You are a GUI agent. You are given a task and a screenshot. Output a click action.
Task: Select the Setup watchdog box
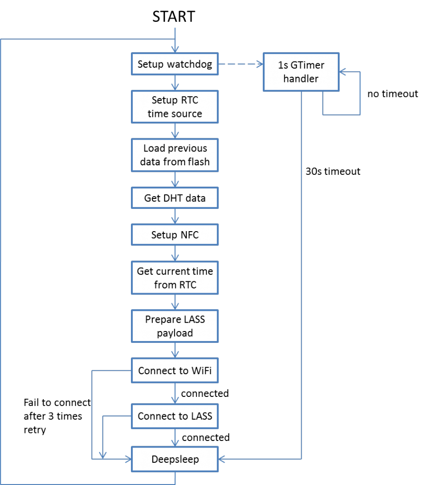coord(175,64)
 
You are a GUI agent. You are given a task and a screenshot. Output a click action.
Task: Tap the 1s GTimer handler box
coord(301,72)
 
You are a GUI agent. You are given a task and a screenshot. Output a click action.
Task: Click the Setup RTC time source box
coord(175,107)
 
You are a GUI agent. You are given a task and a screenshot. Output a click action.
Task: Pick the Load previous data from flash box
coord(175,155)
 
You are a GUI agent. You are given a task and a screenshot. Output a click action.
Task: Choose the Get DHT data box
coord(175,198)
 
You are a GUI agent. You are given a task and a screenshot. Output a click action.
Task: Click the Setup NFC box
coord(175,235)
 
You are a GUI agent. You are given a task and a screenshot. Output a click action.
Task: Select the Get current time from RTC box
coord(175,278)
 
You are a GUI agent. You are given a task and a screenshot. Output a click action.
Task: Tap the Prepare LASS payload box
coord(175,326)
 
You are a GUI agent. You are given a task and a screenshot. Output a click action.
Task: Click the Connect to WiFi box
coord(175,370)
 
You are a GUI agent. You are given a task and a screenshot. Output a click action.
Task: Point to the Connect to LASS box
coord(175,416)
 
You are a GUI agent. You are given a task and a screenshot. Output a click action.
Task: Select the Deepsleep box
coord(175,459)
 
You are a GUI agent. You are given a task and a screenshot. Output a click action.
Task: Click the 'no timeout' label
coord(392,94)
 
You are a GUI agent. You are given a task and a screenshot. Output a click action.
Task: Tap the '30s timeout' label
coord(333,171)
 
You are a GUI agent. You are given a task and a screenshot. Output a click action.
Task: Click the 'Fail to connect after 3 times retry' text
coord(57,416)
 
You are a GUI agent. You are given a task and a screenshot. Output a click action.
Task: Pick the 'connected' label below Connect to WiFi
coord(204,394)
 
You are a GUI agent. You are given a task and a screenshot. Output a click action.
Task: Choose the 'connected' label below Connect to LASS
coord(205,437)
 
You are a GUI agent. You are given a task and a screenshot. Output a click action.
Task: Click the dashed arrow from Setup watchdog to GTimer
coord(241,65)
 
